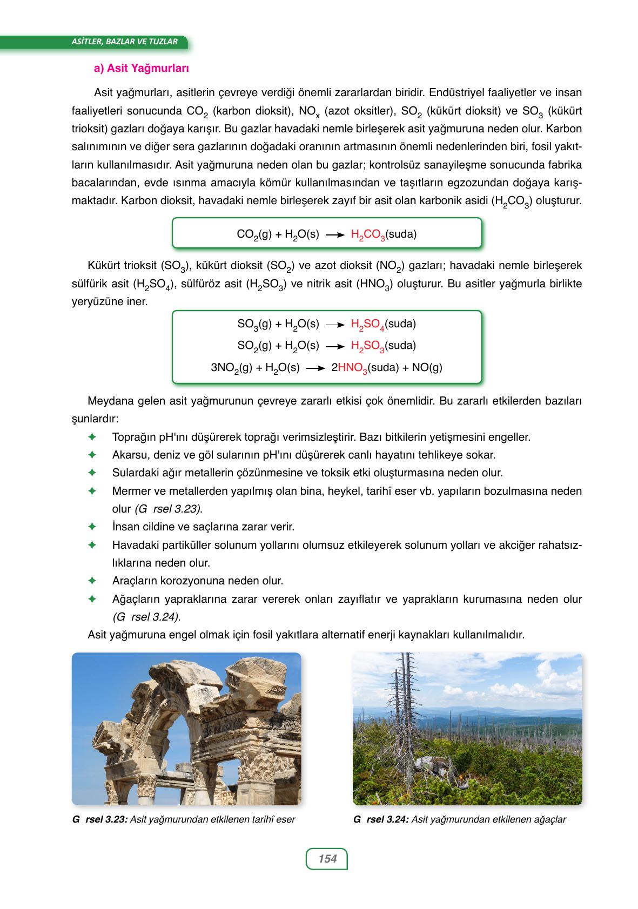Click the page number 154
pos(327,858)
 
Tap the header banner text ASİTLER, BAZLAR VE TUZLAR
pos(124,42)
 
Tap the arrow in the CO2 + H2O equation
pos(335,235)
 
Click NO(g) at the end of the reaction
pos(427,368)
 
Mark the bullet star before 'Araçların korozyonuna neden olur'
pos(92,581)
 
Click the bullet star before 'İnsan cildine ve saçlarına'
pos(92,526)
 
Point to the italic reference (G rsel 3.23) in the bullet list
pos(167,509)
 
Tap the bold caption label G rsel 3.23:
pos(99,819)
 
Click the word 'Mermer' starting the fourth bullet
pos(129,491)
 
